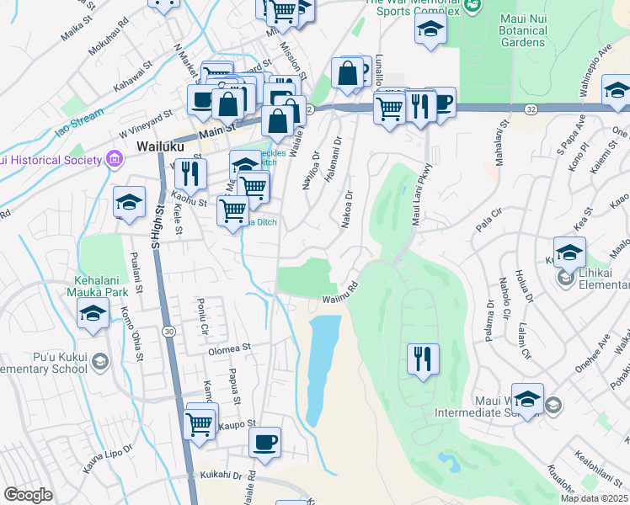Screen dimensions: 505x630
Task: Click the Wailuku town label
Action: (157, 146)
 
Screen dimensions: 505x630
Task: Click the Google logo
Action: (28, 495)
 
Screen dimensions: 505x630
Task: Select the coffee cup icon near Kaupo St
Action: (264, 442)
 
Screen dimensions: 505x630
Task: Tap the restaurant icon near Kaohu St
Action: (190, 174)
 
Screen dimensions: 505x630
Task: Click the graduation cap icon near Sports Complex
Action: (430, 31)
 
